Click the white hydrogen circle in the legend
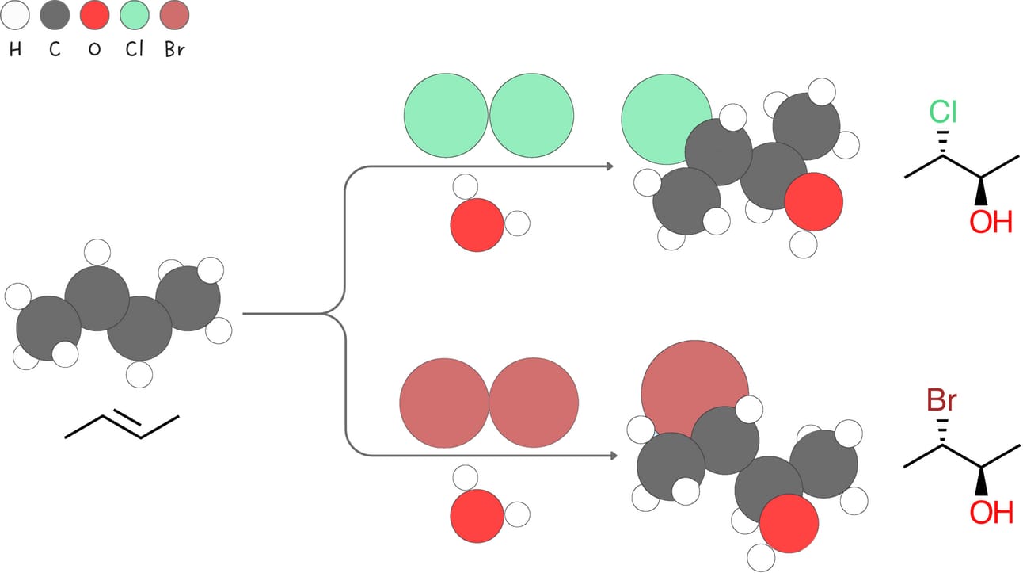(17, 16)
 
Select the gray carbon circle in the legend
(55, 16)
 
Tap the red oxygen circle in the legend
(95, 16)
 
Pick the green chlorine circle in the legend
(135, 16)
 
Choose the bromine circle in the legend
(174, 16)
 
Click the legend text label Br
(175, 49)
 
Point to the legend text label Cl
(135, 49)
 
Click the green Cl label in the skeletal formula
(942, 113)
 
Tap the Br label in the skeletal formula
(941, 401)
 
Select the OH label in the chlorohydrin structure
(991, 222)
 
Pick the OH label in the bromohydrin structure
(991, 512)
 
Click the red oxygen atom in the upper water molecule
(477, 225)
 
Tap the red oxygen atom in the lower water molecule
(477, 516)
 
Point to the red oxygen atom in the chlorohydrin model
(813, 201)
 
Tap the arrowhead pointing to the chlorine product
(610, 166)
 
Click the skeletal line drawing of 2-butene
(122, 426)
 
